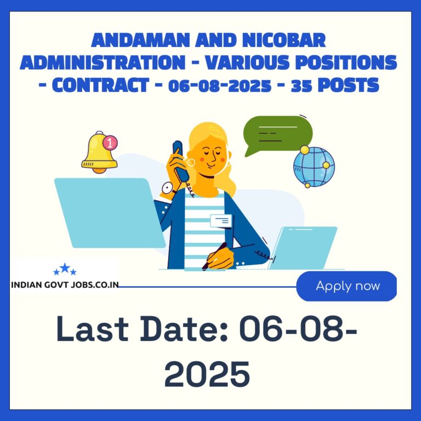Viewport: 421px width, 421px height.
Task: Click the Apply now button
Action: click(x=346, y=286)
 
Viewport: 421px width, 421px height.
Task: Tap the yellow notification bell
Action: click(x=99, y=153)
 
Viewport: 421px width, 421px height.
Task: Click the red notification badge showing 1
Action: click(x=110, y=143)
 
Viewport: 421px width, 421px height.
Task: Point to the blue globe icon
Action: click(x=314, y=167)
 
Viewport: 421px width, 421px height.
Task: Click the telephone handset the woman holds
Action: click(x=180, y=161)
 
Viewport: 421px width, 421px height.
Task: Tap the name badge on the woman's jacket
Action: click(x=221, y=221)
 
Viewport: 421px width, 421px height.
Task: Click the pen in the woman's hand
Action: click(x=214, y=256)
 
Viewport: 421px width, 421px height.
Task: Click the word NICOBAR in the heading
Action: click(x=284, y=40)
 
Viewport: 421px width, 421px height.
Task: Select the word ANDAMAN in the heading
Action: click(x=140, y=40)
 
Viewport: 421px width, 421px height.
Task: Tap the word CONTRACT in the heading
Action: click(x=100, y=85)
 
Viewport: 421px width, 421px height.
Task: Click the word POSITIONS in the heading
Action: click(x=346, y=62)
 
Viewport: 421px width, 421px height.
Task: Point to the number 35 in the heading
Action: click(x=301, y=86)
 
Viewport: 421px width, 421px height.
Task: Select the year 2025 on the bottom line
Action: click(x=207, y=374)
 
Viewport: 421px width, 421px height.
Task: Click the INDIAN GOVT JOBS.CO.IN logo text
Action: click(x=65, y=285)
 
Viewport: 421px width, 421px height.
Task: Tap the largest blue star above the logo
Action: click(x=65, y=268)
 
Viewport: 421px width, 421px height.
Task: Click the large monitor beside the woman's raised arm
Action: click(x=110, y=213)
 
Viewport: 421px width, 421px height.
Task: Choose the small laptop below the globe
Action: click(x=303, y=248)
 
